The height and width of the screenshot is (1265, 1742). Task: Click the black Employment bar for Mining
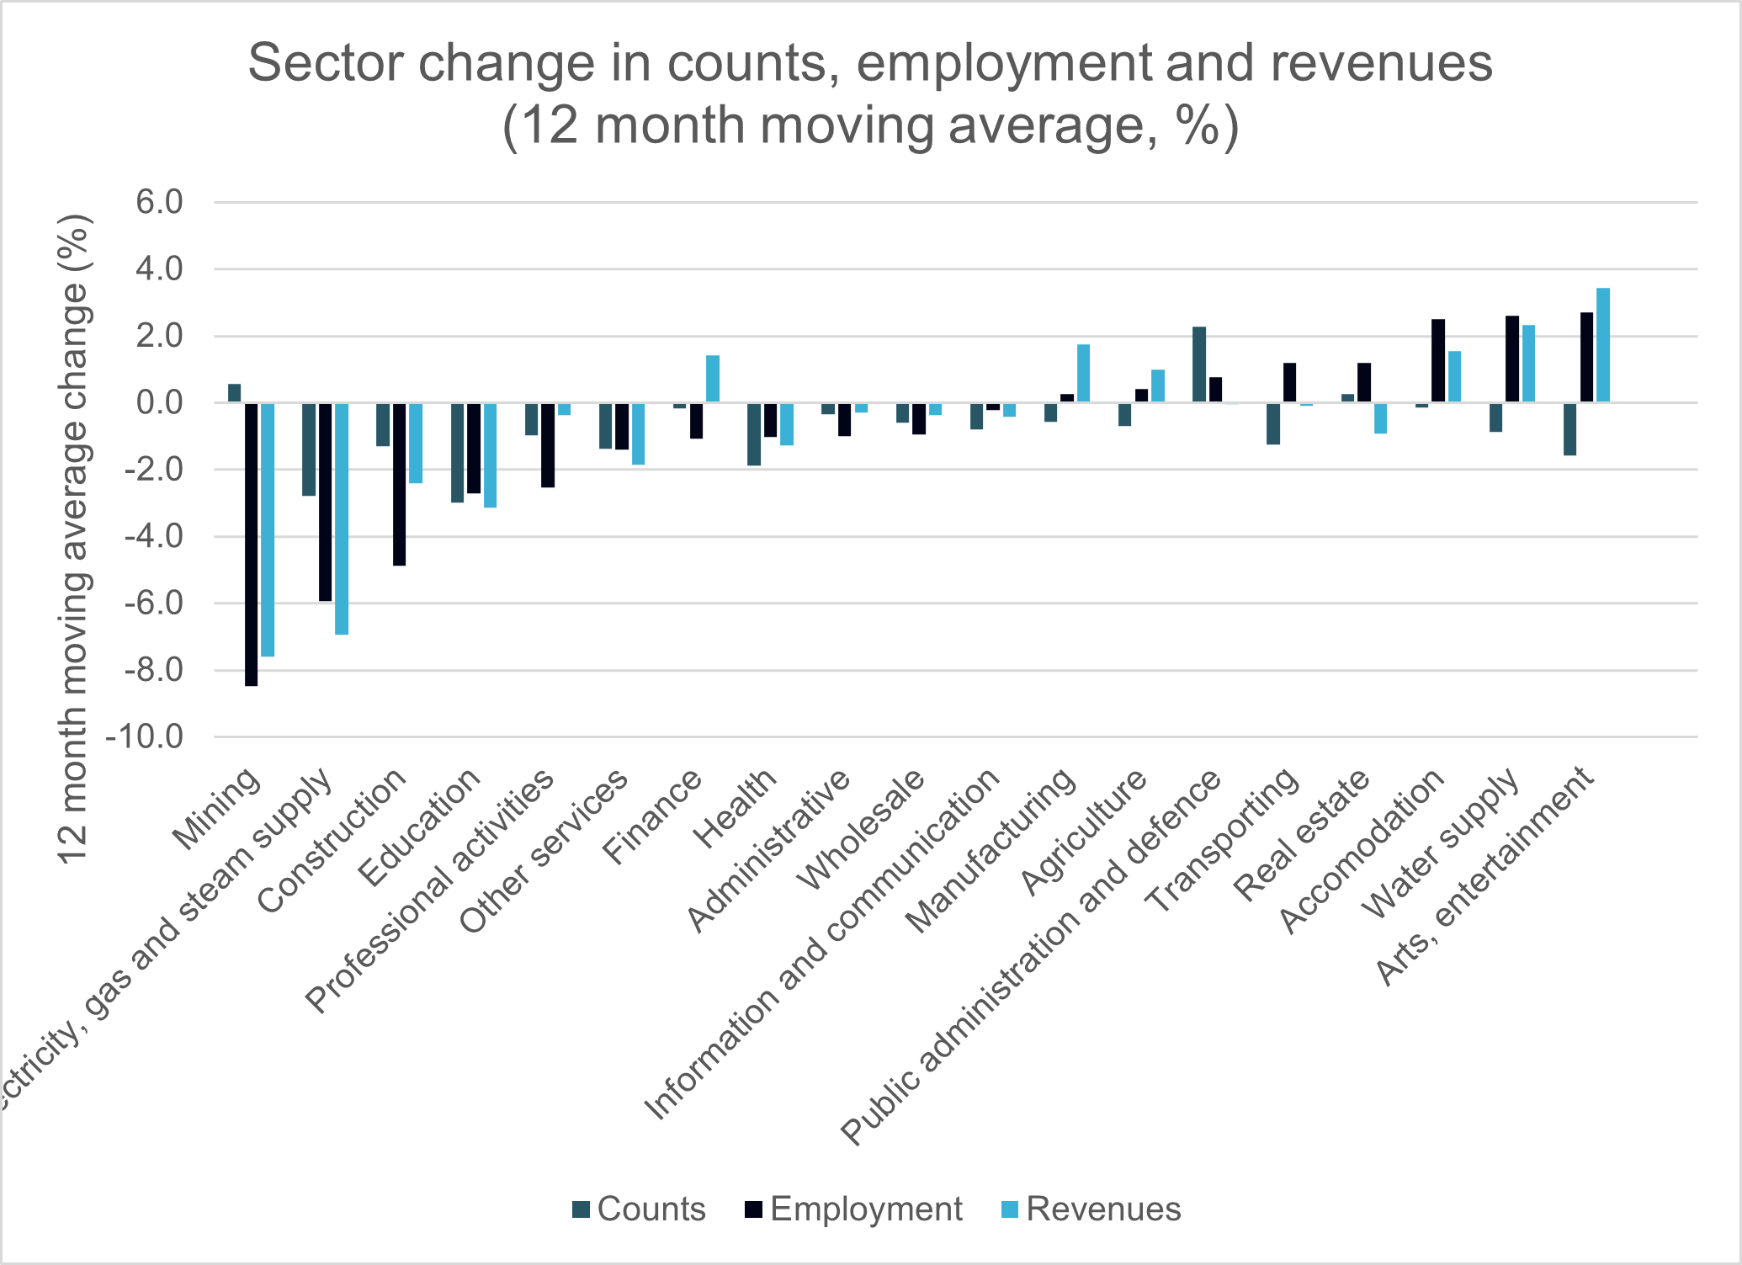pyautogui.click(x=251, y=544)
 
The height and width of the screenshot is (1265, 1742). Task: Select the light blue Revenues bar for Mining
pyautogui.click(x=268, y=529)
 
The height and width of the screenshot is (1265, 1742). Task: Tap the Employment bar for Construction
pyautogui.click(x=399, y=483)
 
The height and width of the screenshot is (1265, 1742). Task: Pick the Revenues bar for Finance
pyautogui.click(x=713, y=379)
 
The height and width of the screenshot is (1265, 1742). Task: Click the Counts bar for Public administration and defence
pyautogui.click(x=1199, y=364)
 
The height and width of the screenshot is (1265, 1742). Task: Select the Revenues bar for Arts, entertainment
pyautogui.click(x=1603, y=345)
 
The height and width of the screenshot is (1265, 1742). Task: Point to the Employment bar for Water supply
pyautogui.click(x=1512, y=359)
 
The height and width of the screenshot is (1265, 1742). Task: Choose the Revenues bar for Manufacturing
pyautogui.click(x=1083, y=373)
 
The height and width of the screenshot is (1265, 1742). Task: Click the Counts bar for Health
pyautogui.click(x=754, y=433)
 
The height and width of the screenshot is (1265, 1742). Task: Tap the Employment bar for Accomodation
pyautogui.click(x=1438, y=360)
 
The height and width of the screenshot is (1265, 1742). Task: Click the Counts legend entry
pyautogui.click(x=639, y=1209)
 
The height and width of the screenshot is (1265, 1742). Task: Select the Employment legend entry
pyautogui.click(x=853, y=1209)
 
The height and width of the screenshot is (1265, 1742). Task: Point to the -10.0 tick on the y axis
pyautogui.click(x=144, y=737)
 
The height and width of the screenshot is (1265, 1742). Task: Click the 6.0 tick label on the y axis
pyautogui.click(x=156, y=203)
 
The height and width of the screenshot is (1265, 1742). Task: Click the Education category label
pyautogui.click(x=418, y=828)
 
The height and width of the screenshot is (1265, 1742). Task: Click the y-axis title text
pyautogui.click(x=74, y=539)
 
